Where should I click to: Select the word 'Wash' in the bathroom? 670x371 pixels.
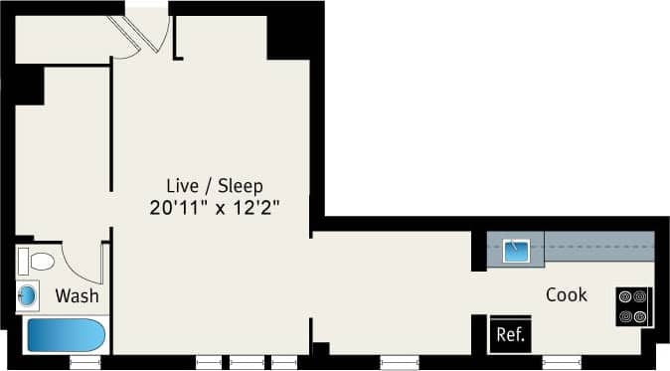click(76, 295)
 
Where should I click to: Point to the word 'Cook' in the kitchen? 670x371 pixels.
click(567, 295)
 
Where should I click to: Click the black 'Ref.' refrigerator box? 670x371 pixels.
click(511, 334)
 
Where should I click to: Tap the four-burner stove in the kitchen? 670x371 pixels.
click(633, 306)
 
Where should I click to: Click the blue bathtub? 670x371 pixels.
click(65, 334)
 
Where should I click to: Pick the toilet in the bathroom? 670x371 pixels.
click(37, 262)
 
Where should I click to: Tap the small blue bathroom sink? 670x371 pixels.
click(29, 295)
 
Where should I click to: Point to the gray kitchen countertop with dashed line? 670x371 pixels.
click(596, 243)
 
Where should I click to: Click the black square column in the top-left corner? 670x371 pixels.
click(29, 85)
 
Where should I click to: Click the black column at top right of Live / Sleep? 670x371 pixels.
click(290, 35)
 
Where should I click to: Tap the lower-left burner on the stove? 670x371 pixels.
click(627, 317)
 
